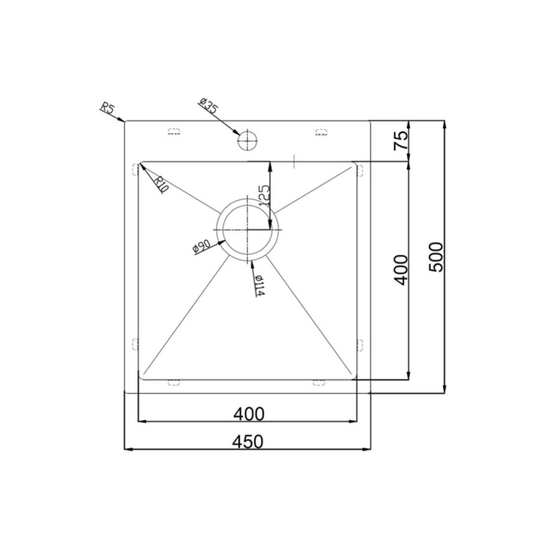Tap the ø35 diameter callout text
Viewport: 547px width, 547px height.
point(208,106)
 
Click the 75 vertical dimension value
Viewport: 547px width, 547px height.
point(401,140)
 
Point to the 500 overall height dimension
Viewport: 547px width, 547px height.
point(436,257)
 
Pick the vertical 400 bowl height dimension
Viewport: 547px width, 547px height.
point(400,270)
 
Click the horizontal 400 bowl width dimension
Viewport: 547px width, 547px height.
point(249,414)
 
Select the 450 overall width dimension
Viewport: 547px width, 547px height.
point(249,442)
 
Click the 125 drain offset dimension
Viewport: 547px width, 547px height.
point(265,195)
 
